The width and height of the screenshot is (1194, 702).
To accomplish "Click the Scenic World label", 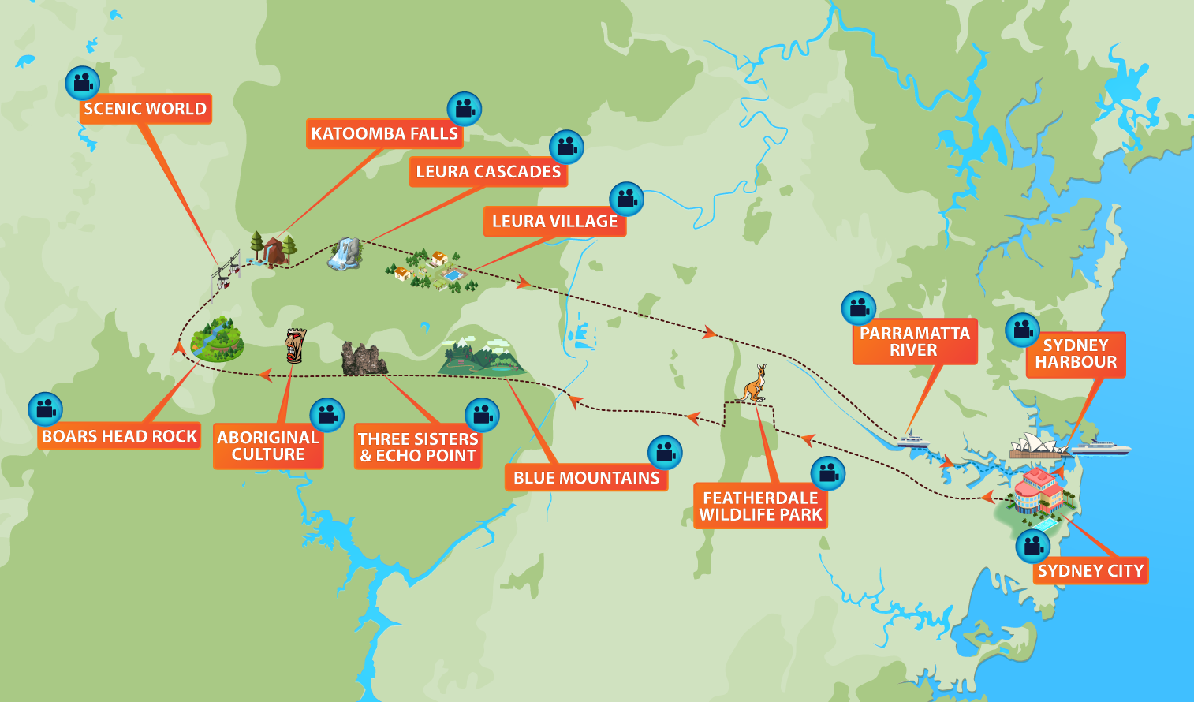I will pos(145,109).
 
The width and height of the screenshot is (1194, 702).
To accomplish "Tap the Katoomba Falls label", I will pos(384,133).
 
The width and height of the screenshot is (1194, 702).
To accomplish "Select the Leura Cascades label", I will pos(488,172).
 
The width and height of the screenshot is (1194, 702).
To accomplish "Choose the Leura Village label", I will pos(554,222).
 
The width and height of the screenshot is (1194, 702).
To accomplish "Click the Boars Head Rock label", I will pos(119,436).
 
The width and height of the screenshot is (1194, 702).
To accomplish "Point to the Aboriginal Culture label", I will pos(268,446).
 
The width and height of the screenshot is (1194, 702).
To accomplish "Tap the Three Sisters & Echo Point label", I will pos(418,447).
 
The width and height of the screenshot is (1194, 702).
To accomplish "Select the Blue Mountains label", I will pos(586,478).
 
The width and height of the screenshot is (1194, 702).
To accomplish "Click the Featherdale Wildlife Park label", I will pos(760,506).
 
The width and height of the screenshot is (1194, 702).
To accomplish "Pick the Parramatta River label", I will pos(914,342).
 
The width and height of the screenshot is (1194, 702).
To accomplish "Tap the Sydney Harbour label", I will pos(1076,354).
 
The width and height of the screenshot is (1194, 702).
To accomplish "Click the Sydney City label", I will pos(1090,571).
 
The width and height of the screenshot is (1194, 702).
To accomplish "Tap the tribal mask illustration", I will pos(295,345).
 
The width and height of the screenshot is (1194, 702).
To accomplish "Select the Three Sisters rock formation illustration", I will pos(363,359).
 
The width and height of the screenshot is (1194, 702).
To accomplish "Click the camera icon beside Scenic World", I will pos(82,82).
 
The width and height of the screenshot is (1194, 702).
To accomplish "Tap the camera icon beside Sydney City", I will pos(1032,546).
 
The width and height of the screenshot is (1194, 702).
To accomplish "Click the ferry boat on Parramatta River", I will pos(912,440).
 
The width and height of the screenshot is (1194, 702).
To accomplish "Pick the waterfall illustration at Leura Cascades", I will pos(345,254).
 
